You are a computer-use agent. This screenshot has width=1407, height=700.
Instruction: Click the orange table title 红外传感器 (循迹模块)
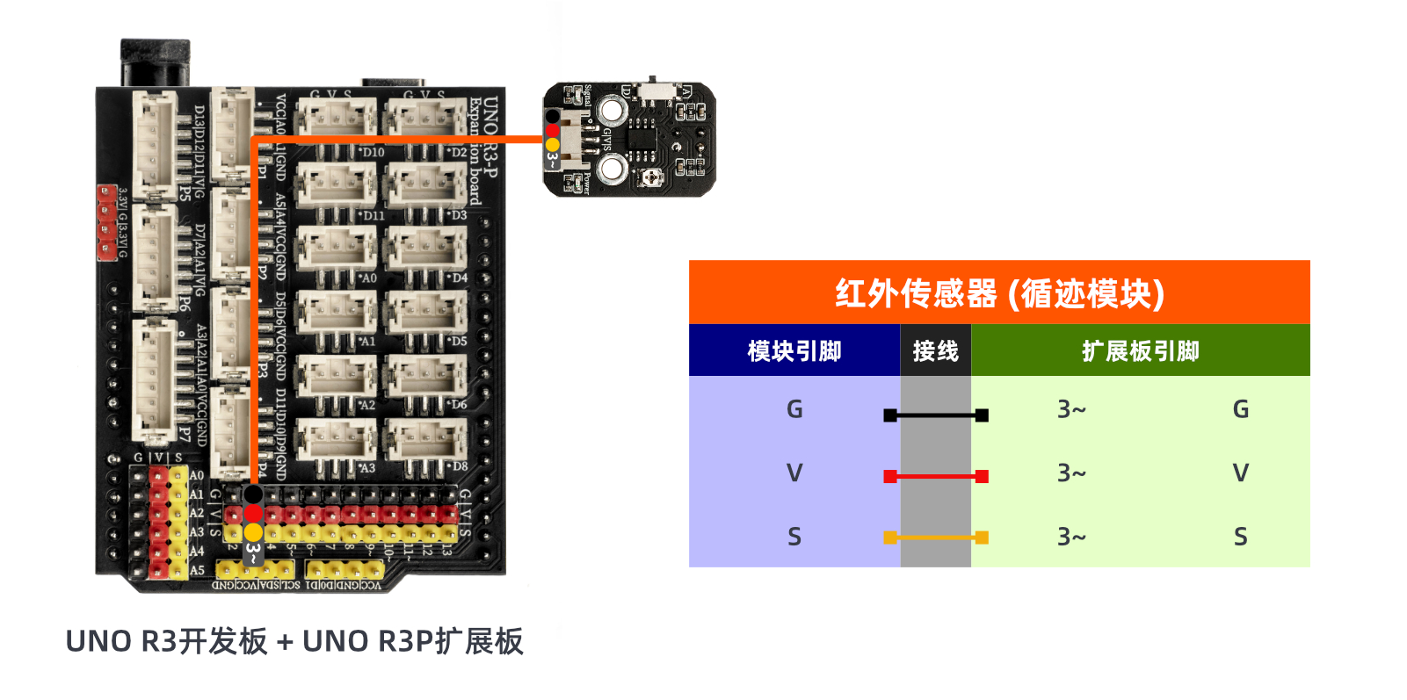[999, 293]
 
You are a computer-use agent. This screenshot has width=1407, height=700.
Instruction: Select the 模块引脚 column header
[794, 351]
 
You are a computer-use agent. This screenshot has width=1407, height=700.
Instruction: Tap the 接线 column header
[935, 351]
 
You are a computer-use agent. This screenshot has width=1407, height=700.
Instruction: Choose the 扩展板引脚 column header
[1140, 351]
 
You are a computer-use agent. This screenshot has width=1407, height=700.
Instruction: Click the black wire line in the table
[936, 415]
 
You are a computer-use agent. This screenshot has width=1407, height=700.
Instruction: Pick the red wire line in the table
[936, 476]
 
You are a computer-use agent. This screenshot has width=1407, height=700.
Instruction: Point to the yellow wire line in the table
[936, 537]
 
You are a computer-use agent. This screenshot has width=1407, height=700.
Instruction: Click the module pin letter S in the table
[794, 537]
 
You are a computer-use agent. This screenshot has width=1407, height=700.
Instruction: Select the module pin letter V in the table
[794, 473]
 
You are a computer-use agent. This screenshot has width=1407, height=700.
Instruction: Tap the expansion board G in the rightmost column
[1240, 409]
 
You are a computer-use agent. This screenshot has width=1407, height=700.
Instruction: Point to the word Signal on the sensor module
[587, 95]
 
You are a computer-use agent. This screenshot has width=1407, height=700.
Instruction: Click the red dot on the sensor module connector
[552, 130]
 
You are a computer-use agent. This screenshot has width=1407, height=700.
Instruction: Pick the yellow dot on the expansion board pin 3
[253, 532]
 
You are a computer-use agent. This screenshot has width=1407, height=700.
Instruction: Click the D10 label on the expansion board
[373, 152]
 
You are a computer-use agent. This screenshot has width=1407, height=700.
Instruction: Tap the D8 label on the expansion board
[459, 466]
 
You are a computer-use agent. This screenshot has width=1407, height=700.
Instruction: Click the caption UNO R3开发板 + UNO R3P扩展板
[294, 641]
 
